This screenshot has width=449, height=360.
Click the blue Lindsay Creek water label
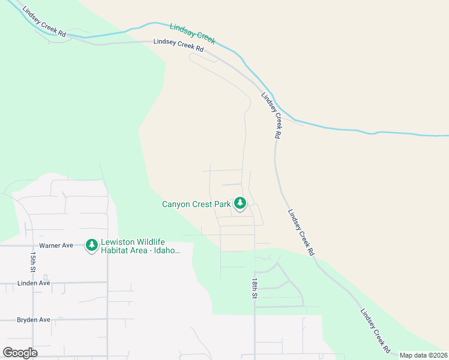click(192, 33)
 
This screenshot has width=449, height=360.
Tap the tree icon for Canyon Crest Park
click(240, 204)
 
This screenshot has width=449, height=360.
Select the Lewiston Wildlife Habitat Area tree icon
click(91, 245)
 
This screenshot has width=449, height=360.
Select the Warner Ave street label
click(56, 245)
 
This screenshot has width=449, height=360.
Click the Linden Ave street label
click(34, 283)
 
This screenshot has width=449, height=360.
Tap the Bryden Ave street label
click(34, 320)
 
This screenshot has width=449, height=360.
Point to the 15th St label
click(32, 261)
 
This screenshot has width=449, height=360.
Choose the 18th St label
click(255, 289)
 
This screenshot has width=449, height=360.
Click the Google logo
click(20, 353)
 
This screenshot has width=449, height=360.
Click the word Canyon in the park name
click(176, 204)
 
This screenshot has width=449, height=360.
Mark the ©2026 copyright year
click(438, 355)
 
